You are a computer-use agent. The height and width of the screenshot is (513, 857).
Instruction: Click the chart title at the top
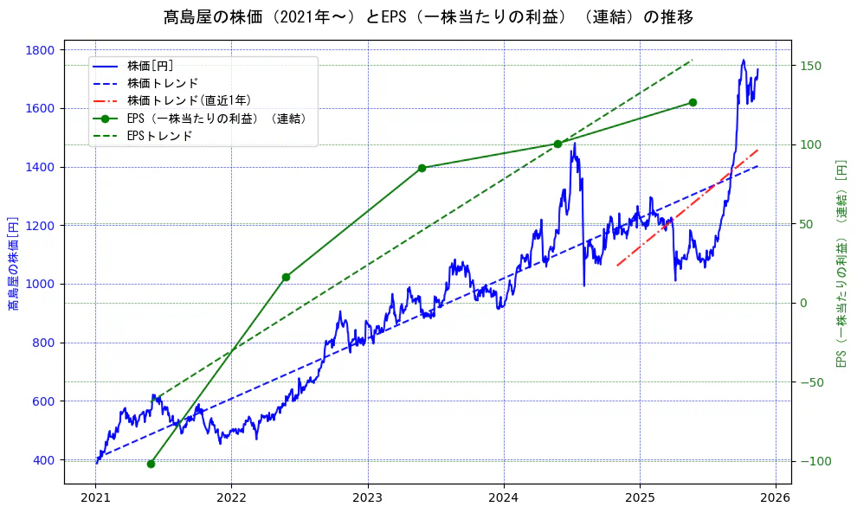(428, 17)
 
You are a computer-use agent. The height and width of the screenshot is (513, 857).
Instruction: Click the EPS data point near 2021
(151, 464)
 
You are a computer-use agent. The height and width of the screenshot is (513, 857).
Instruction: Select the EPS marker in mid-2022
(286, 277)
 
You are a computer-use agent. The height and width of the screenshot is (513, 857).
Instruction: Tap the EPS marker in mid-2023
(422, 168)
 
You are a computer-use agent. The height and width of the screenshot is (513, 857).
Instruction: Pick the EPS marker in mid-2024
(557, 144)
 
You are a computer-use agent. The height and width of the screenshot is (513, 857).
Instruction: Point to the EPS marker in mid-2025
(693, 102)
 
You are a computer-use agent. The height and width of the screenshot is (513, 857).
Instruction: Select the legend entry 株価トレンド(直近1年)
(181, 100)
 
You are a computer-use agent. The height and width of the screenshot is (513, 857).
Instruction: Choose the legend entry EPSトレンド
(159, 136)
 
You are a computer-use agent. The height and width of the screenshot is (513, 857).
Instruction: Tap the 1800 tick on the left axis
(43, 50)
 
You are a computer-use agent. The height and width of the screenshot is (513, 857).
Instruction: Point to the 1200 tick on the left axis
(43, 226)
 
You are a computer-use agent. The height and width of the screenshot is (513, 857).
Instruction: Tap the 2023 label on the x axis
(367, 499)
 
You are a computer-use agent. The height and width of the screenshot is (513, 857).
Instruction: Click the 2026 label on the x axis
(776, 499)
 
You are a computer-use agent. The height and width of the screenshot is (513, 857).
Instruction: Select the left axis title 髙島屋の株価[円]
(13, 264)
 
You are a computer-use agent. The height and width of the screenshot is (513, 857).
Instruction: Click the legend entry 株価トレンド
(163, 83)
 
